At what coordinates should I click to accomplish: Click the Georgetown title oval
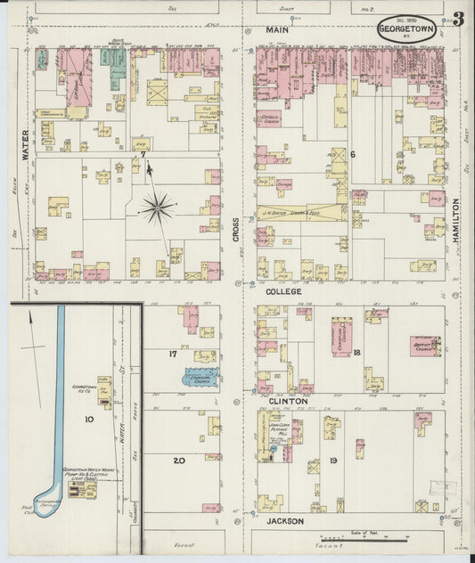tap(405, 28)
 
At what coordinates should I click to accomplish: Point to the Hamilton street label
tap(456, 216)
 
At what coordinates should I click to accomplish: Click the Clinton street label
tap(289, 402)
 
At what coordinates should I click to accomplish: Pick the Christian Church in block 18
tap(342, 337)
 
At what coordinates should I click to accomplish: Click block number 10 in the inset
tap(89, 418)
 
